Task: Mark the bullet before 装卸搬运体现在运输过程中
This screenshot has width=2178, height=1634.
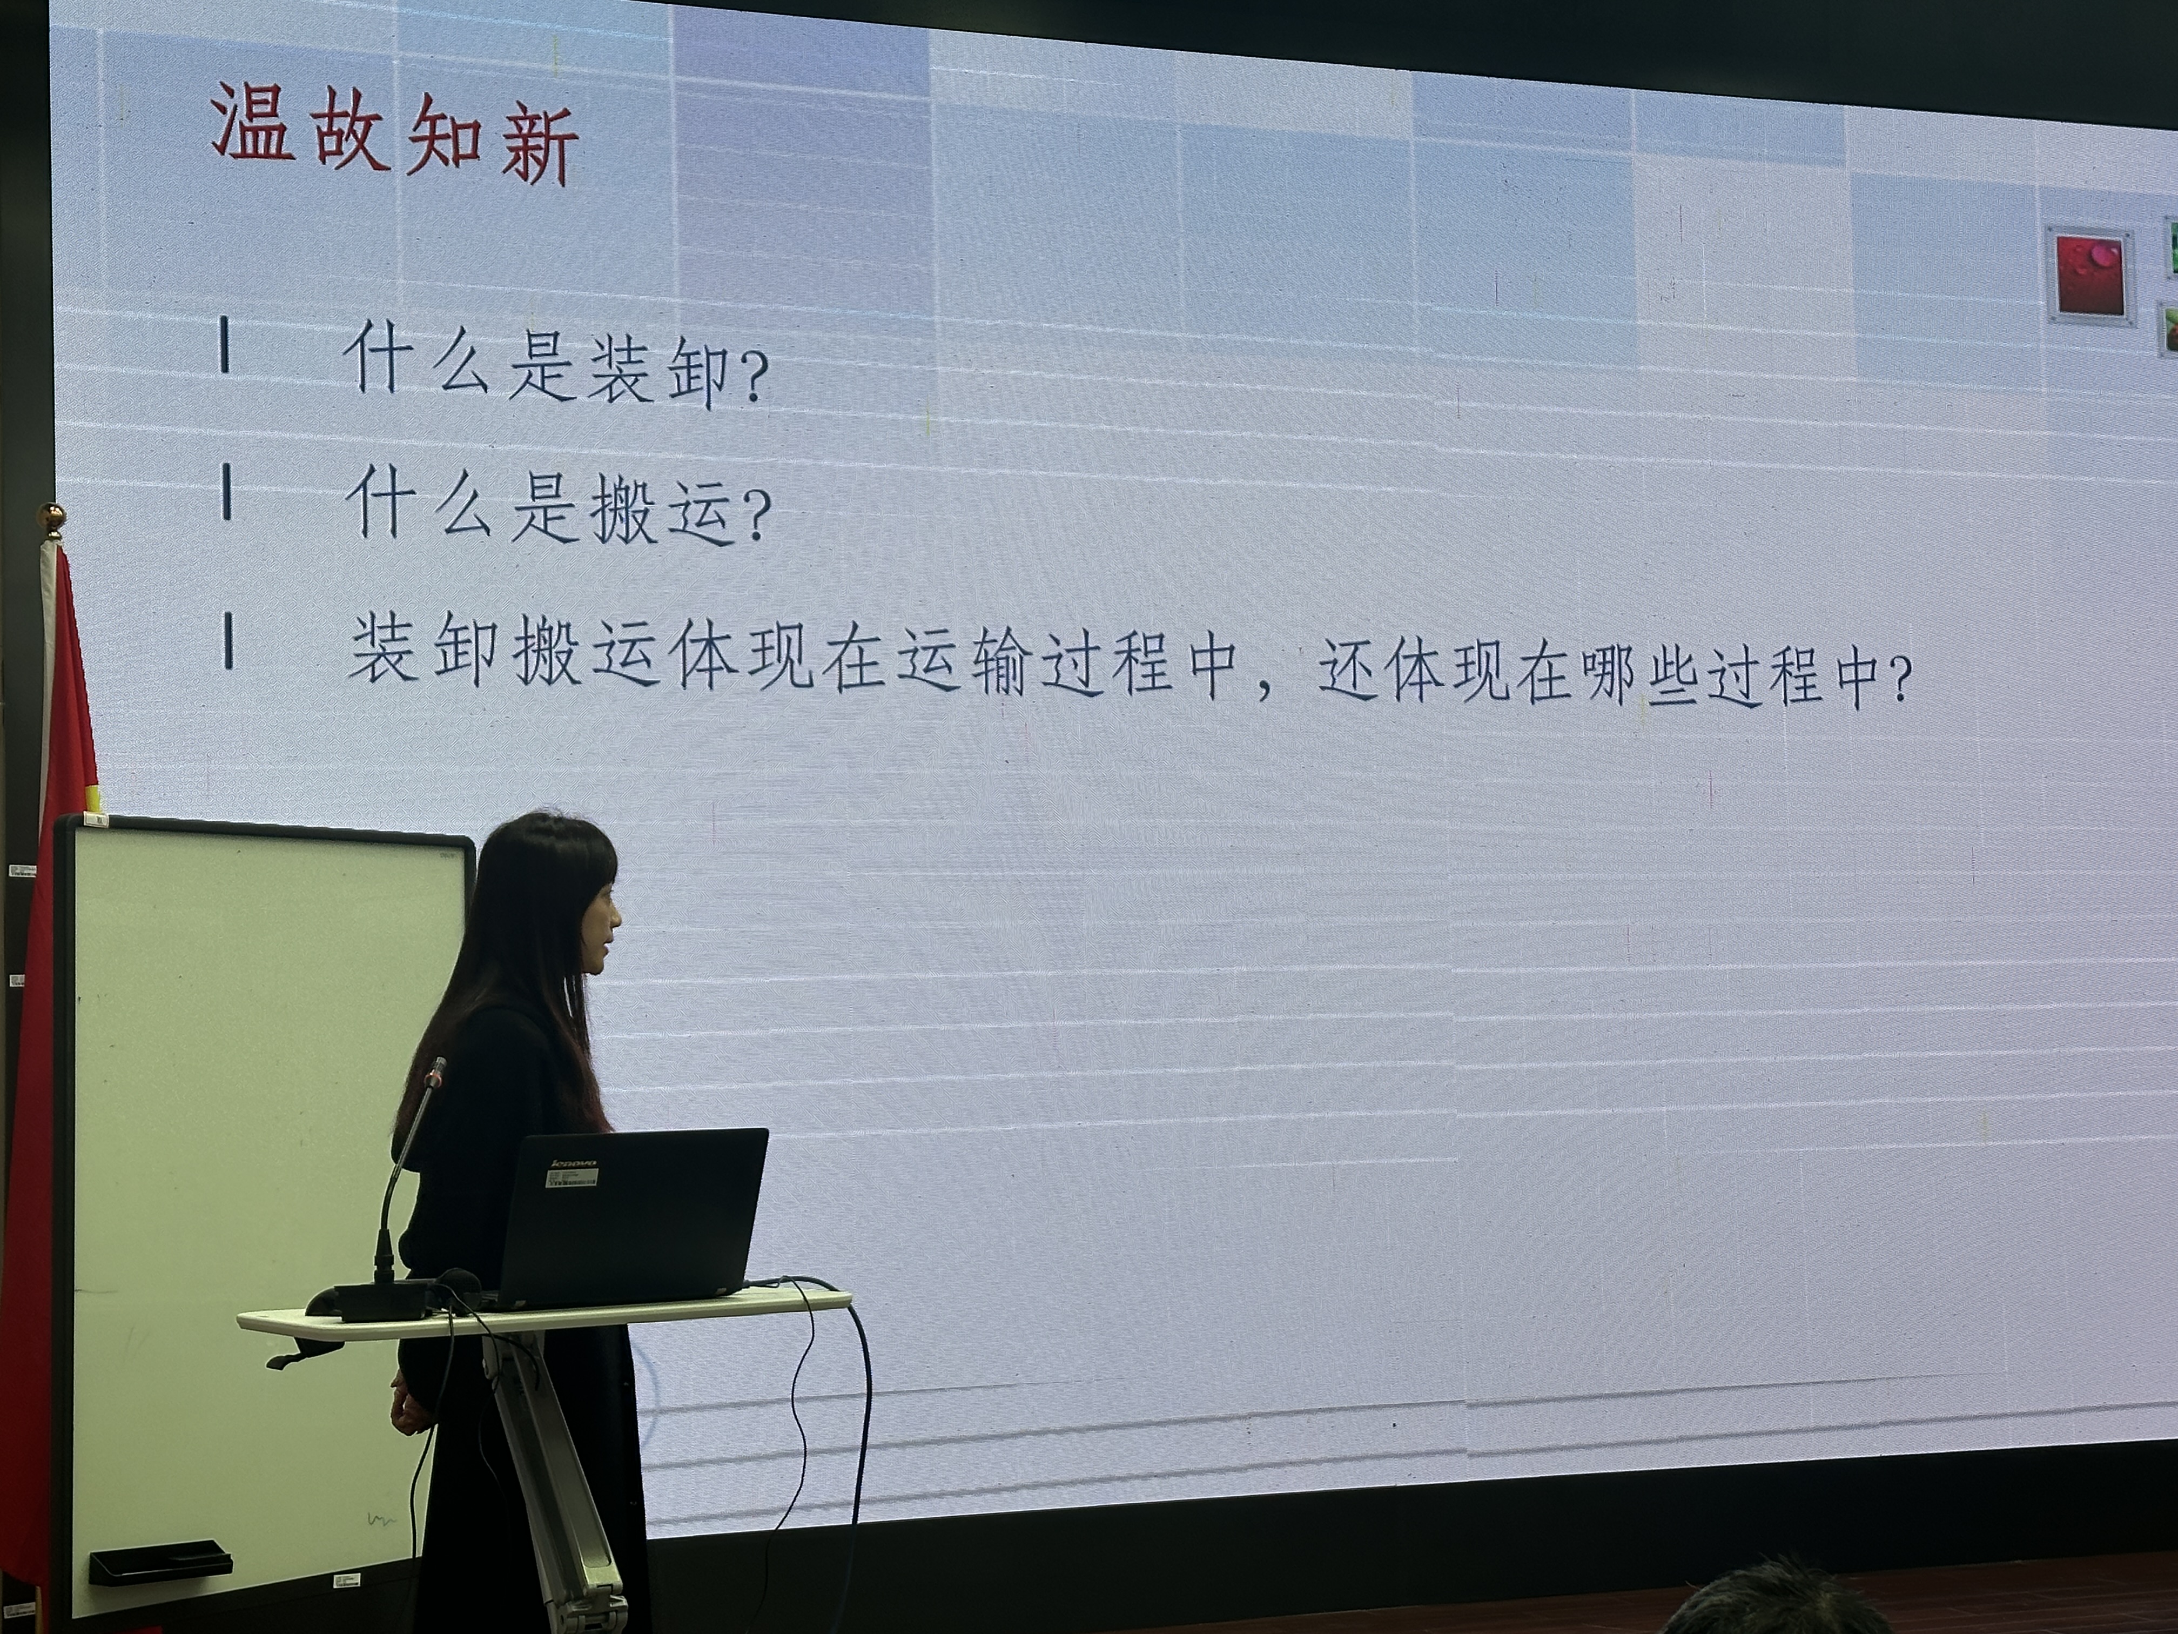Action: coord(228,641)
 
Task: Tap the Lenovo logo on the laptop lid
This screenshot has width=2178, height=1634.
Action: coord(573,1163)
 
